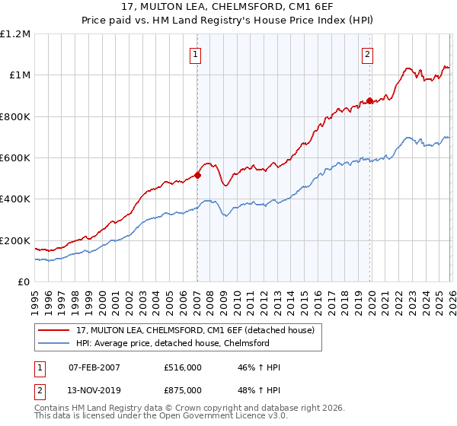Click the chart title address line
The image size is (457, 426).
(228, 7)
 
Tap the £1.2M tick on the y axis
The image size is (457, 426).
(15, 33)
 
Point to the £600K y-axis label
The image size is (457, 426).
(15, 158)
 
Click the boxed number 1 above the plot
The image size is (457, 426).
(197, 54)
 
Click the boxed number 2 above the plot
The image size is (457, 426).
(368, 54)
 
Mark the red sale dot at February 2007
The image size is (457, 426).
(197, 175)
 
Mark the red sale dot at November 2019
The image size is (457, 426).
(369, 100)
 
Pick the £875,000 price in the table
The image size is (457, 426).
(183, 389)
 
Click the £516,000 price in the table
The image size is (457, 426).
(183, 367)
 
